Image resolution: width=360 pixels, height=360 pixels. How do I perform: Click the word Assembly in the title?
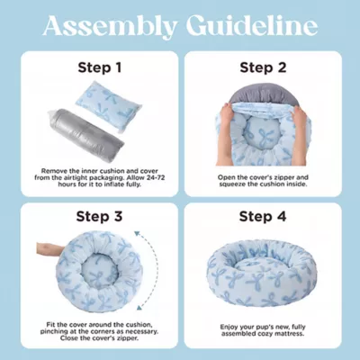pyautogui.click(x=110, y=26)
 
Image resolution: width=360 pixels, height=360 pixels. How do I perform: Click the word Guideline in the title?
pyautogui.click(x=252, y=25)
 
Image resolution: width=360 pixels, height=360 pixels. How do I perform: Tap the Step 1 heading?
pyautogui.click(x=100, y=67)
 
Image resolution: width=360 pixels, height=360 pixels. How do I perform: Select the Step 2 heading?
pyautogui.click(x=263, y=67)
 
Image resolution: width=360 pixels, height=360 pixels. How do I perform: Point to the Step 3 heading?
pyautogui.click(x=99, y=216)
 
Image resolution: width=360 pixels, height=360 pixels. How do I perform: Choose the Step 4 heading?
pyautogui.click(x=263, y=216)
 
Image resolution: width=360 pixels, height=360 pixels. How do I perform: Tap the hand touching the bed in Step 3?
pyautogui.click(x=50, y=250)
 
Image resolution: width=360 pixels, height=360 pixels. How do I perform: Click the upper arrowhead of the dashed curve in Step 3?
pyautogui.click(x=138, y=233)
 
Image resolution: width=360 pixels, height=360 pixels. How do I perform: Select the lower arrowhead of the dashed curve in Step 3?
pyautogui.click(x=139, y=307)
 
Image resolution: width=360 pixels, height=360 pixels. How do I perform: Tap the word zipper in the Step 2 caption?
pyautogui.click(x=278, y=177)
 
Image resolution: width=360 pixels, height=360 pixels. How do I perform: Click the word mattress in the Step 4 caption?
pyautogui.click(x=290, y=333)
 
